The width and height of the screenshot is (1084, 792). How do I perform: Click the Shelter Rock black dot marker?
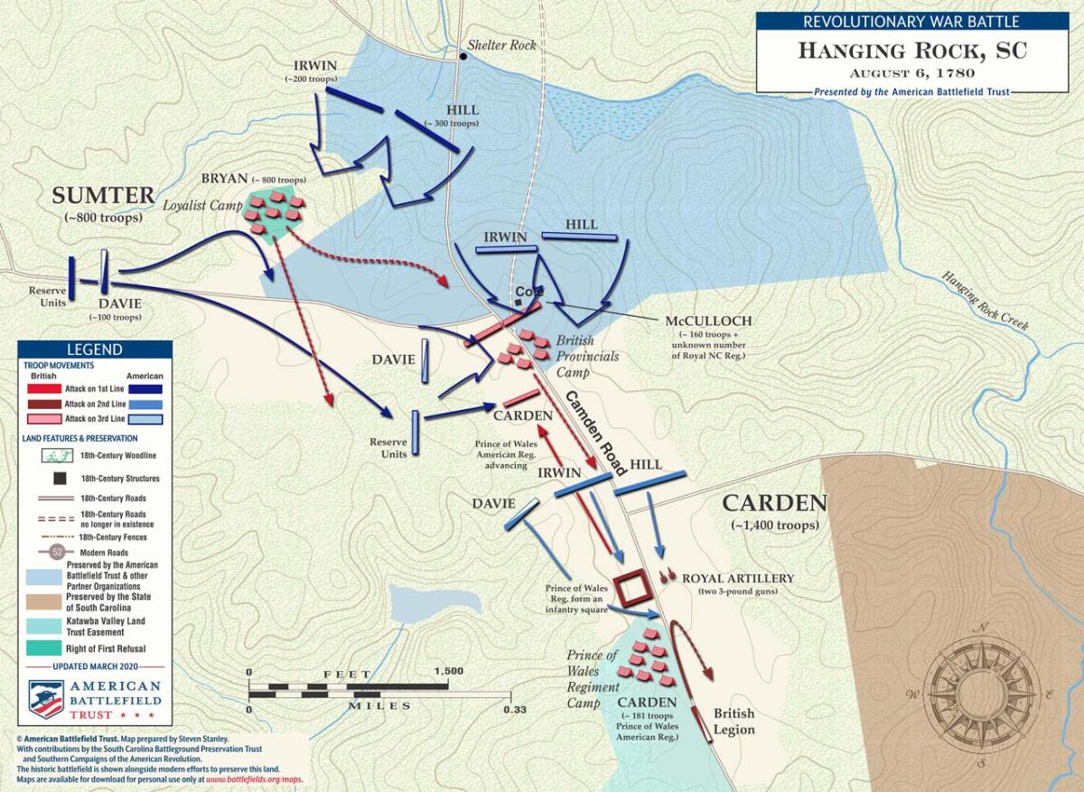(463, 57)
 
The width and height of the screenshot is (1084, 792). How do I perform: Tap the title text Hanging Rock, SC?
(911, 51)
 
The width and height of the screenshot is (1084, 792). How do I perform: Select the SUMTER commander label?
(104, 195)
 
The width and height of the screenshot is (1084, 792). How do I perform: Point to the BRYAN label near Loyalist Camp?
(225, 178)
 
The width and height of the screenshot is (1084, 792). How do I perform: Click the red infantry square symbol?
(632, 588)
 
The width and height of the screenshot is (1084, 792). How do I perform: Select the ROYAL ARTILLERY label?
(737, 578)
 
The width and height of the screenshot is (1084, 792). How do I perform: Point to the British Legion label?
(734, 721)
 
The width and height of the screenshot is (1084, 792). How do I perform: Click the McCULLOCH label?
(708, 321)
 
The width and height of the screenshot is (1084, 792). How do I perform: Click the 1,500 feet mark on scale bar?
(448, 673)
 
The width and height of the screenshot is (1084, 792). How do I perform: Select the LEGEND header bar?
(95, 349)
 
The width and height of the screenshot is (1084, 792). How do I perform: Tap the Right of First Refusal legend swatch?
(42, 647)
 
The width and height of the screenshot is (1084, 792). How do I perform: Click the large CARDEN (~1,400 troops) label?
(774, 503)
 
